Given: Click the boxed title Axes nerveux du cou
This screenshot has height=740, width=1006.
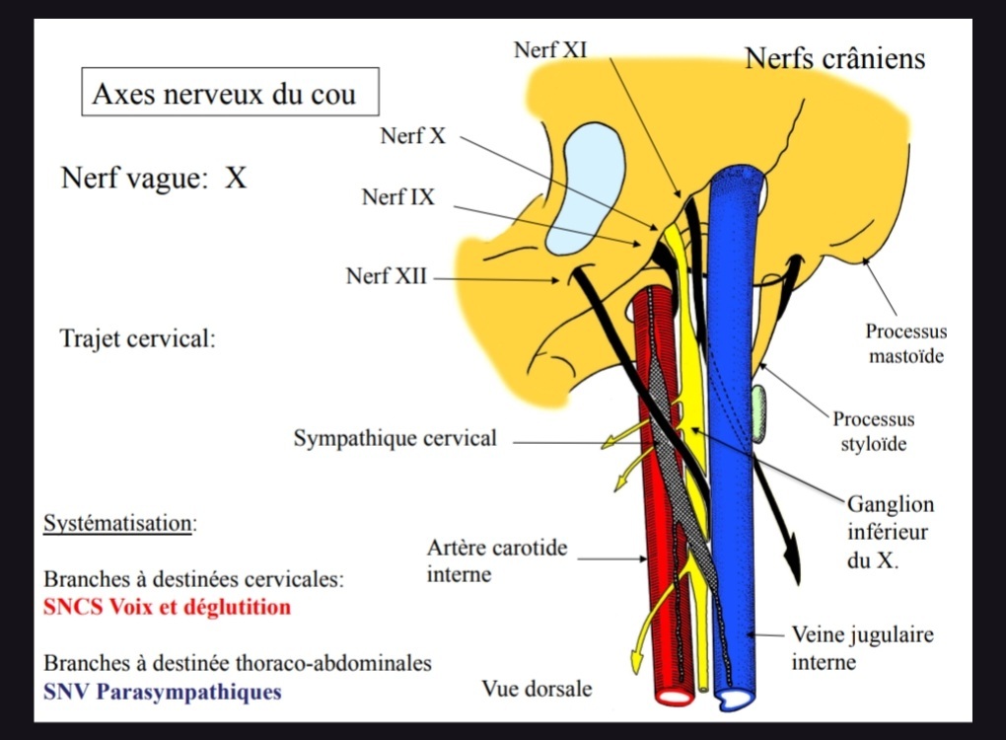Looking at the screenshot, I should click(x=230, y=95).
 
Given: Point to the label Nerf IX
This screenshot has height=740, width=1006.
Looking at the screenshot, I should click(x=397, y=197).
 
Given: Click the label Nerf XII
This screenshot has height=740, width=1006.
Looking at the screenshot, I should click(x=387, y=276).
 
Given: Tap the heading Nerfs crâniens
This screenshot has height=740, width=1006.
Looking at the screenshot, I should click(x=834, y=58).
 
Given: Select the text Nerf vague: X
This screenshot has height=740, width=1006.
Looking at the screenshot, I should click(x=153, y=179).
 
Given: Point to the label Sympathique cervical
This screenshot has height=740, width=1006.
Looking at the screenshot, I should click(x=395, y=438).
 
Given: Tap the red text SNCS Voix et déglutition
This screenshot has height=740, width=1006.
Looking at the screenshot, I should click(x=167, y=607).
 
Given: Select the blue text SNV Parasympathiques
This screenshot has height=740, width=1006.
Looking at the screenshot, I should click(x=162, y=692).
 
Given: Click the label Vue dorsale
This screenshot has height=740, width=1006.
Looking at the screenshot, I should click(x=537, y=689).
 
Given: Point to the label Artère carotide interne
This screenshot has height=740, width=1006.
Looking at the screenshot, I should click(x=497, y=559).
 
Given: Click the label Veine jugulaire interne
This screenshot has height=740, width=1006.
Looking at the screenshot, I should click(x=862, y=647).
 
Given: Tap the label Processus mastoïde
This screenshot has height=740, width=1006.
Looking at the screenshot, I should click(x=905, y=343).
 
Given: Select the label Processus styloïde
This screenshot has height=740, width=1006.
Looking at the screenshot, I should click(x=873, y=431).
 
